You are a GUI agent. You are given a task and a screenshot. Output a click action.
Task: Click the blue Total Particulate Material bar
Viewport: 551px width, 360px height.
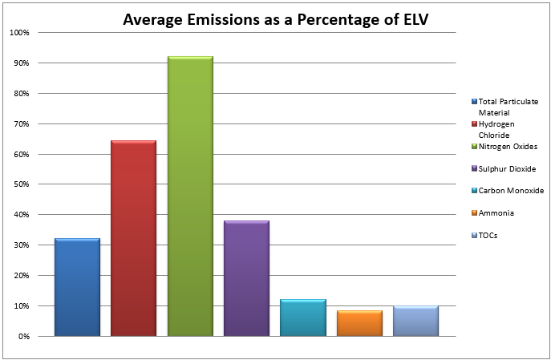pyautogui.click(x=77, y=287)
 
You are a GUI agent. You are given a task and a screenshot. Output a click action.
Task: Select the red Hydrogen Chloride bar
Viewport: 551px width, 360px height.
pyautogui.click(x=133, y=238)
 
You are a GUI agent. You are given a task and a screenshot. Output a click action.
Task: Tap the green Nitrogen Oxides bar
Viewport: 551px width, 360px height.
pyautogui.click(x=190, y=196)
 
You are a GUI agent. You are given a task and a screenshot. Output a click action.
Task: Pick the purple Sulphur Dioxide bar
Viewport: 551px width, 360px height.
pyautogui.click(x=246, y=278)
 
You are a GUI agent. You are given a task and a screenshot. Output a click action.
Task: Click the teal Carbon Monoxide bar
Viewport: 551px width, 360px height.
pyautogui.click(x=302, y=318)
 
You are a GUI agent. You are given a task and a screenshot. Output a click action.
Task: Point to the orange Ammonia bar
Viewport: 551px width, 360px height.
pyautogui.click(x=359, y=323)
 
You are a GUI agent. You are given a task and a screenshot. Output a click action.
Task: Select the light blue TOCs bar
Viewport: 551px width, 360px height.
pyautogui.click(x=415, y=321)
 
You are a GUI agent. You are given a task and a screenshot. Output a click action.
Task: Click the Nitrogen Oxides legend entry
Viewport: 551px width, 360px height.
pyautogui.click(x=508, y=147)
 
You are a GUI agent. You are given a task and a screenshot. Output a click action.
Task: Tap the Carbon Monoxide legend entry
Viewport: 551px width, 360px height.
pyautogui.click(x=510, y=191)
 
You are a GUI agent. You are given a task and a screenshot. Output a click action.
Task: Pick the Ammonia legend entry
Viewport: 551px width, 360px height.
pyautogui.click(x=496, y=213)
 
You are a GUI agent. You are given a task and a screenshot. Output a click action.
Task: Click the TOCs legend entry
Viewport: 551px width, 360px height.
pyautogui.click(x=488, y=236)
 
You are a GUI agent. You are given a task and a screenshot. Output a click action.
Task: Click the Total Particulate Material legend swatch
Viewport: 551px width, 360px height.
pyautogui.click(x=474, y=102)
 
